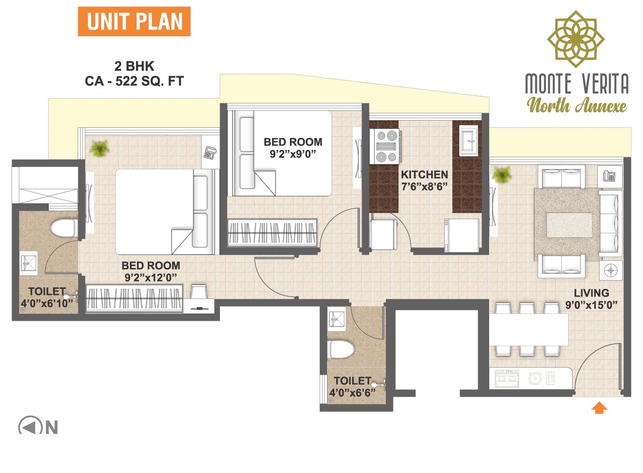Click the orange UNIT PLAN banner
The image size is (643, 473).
tap(134, 22)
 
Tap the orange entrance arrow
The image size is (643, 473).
tap(599, 408)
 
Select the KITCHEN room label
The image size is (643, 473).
tap(424, 175)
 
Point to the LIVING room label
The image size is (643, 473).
tap(591, 293)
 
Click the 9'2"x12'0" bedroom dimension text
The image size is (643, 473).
tap(150, 277)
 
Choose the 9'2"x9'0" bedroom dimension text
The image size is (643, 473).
tap(292, 154)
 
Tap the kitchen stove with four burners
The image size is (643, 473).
tap(387, 147)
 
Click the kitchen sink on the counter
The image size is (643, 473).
tap(467, 140)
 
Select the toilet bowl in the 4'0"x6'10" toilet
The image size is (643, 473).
tap(63, 228)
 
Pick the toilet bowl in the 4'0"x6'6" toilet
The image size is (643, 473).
tap(341, 349)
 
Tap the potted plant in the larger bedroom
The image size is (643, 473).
tap(99, 149)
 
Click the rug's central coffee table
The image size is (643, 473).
tap(569, 225)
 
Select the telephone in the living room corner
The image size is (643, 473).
tap(609, 176)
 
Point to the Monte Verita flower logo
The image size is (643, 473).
tap(575, 39)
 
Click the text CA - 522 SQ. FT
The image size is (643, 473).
tap(134, 81)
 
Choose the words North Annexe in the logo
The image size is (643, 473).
tap(576, 105)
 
